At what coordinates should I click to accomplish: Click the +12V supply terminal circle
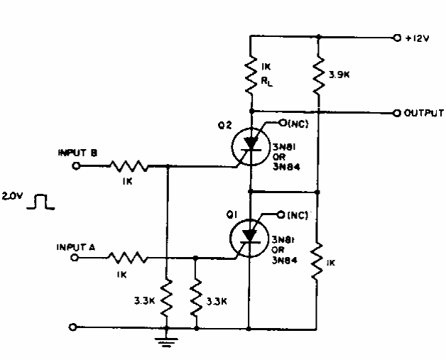pos(397,38)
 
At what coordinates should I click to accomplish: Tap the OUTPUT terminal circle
pos(397,113)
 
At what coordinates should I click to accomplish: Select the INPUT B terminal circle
pos(76,165)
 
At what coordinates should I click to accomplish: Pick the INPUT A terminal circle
pos(75,258)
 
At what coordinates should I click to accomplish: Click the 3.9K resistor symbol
pos(319,75)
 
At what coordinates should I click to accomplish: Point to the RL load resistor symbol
pos(251,75)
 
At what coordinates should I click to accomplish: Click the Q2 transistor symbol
pos(251,147)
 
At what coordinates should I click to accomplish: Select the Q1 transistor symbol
pos(249,239)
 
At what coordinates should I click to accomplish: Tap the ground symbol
pos(166,342)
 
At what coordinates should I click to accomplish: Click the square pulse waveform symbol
pos(40,202)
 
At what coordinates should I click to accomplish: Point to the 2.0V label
pos(11,196)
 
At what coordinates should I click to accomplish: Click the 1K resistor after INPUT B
pos(129,166)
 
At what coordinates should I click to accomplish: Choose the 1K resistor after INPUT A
pos(127,258)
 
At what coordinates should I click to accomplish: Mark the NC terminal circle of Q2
pos(283,123)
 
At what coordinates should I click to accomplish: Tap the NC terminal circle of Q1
pos(281,214)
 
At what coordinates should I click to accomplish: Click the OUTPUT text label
pos(423,113)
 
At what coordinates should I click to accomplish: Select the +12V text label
pos(417,38)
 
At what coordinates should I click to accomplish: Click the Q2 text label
pos(224,126)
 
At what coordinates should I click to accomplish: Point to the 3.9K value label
pos(339,75)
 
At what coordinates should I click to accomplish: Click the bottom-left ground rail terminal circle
pos(73,327)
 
